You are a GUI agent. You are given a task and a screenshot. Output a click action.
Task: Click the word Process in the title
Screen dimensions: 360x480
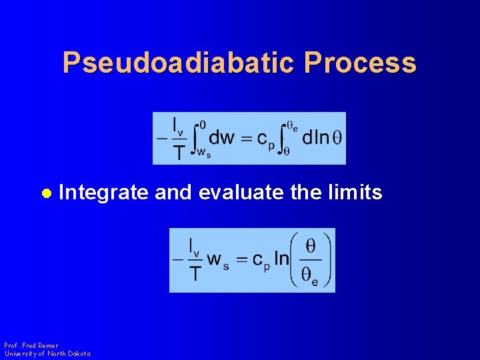[361, 63]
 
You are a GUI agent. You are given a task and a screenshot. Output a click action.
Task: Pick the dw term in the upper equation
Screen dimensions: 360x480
[221, 137]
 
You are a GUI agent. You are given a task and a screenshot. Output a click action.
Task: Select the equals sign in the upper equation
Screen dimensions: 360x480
[246, 138]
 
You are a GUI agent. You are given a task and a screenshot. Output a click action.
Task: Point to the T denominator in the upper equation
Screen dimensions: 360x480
[178, 153]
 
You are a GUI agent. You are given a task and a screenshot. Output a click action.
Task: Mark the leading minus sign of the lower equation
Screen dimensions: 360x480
[178, 260]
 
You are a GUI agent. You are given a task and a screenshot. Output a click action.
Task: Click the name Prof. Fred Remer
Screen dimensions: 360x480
[31, 346]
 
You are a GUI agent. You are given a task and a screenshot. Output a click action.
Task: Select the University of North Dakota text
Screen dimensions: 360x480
[47, 353]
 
